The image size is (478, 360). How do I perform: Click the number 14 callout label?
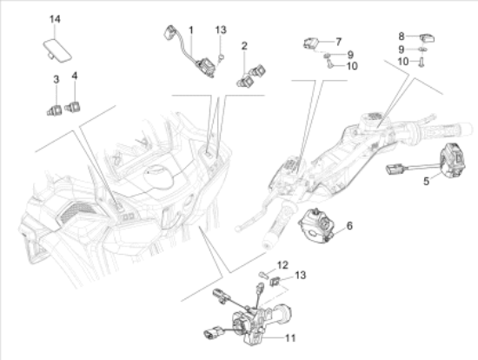tap(55, 19)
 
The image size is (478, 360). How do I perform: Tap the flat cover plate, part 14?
tap(57, 50)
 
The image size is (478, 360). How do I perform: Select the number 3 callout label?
tap(56, 80)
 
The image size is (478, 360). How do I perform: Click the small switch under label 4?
tap(72, 106)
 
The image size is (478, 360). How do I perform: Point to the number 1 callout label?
tap(191, 30)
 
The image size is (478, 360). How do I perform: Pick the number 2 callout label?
tap(244, 46)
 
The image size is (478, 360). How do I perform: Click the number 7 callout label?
tap(338, 42)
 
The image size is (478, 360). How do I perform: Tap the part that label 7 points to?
tap(310, 43)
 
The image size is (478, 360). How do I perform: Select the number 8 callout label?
tap(402, 37)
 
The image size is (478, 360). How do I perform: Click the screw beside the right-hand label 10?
tap(422, 63)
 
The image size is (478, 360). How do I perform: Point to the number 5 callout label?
tap(426, 181)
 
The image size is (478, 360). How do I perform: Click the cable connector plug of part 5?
tap(395, 170)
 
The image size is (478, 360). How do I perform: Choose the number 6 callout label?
tap(349, 226)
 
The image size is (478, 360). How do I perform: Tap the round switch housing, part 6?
tap(315, 226)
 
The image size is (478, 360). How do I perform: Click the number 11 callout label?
tap(290, 338)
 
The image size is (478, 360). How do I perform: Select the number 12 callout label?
tap(282, 265)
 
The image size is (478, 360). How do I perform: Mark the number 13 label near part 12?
tap(301, 275)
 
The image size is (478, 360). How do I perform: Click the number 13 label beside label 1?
tap(221, 30)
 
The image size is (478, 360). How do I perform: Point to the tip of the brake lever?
tap(238, 228)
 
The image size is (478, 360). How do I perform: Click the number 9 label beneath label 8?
tap(402, 50)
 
